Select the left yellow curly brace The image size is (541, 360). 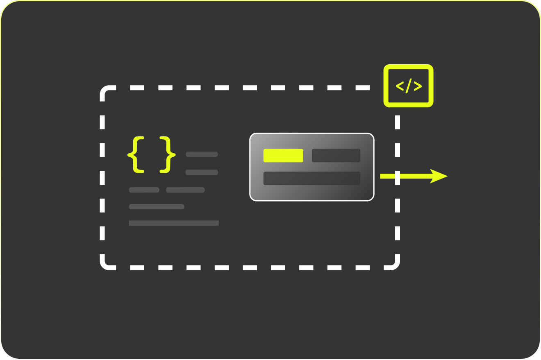point(136,154)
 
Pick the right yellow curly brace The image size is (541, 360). point(167,154)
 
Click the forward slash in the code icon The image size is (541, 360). point(408,86)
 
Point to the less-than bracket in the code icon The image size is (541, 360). point(399,86)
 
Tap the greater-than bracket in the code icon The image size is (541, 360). point(418,86)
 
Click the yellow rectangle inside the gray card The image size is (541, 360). point(283,156)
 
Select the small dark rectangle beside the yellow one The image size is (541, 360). point(336,156)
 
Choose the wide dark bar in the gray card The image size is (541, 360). point(311,178)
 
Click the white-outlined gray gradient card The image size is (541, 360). point(311,192)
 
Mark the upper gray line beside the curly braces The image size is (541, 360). point(202,154)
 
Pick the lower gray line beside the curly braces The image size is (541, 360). point(202,172)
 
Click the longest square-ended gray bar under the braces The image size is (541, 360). point(174,223)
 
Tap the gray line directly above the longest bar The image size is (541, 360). point(157,207)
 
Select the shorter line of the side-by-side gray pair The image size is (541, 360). point(144,190)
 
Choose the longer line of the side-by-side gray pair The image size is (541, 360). point(185,190)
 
